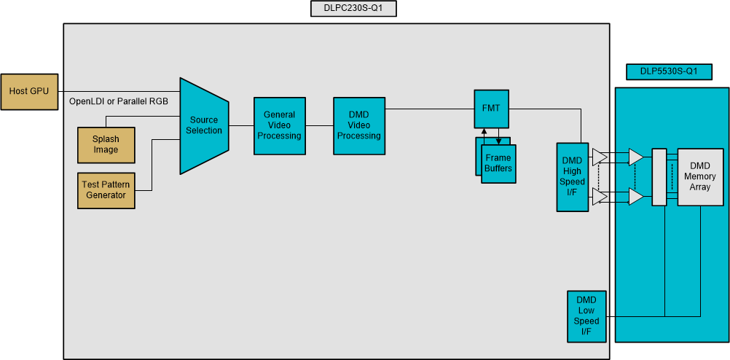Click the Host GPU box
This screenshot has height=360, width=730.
tap(29, 92)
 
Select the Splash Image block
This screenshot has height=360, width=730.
tap(106, 144)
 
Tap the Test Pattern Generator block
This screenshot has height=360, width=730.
tap(106, 190)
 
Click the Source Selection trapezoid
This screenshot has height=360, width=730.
tap(205, 125)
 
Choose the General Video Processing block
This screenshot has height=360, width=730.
tap(280, 125)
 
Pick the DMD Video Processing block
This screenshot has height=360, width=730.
tap(359, 125)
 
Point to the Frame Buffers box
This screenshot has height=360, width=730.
tap(499, 164)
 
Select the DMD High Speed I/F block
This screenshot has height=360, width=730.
tap(572, 176)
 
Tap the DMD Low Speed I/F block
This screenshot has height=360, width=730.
tap(586, 316)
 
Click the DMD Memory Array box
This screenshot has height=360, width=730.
tap(700, 177)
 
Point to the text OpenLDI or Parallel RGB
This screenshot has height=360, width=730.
tap(118, 101)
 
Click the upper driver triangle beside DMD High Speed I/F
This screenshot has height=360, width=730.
tap(599, 156)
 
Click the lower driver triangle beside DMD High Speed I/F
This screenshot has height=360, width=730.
tap(599, 197)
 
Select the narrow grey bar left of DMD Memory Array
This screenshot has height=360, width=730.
tap(659, 177)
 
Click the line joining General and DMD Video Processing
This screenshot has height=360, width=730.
tap(320, 125)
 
